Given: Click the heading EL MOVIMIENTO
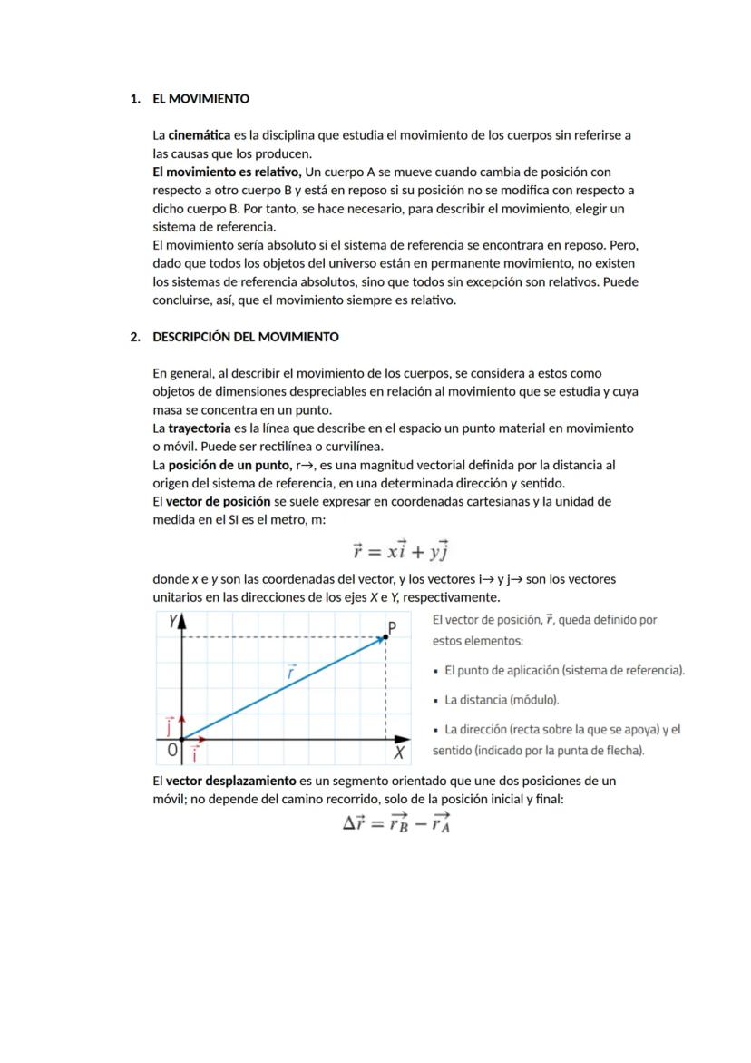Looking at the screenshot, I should tap(200, 98).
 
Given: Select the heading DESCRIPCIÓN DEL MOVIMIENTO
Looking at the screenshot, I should tap(246, 337).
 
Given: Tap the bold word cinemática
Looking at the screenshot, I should tap(199, 135).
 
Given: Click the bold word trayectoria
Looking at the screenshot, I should tap(199, 428).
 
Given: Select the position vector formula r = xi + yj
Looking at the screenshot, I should tap(401, 550).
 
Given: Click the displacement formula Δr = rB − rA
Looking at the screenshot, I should tap(396, 822).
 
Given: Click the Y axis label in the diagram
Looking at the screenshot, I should tap(173, 621).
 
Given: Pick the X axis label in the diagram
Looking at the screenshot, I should tap(398, 753).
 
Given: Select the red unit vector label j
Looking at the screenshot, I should tap(170, 725).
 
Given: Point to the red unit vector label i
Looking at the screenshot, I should tap(194, 753).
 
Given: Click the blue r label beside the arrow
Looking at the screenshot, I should tap(291, 673).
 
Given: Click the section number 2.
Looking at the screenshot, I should tap(134, 337).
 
